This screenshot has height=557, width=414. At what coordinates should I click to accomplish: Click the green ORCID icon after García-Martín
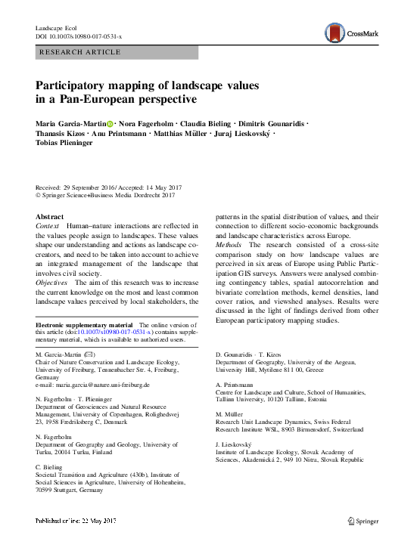coord(111,124)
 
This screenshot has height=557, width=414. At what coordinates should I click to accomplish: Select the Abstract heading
coord(51,216)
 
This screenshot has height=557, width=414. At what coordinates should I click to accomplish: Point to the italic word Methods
coord(229,245)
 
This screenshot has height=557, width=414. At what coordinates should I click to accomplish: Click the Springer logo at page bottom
coord(363,521)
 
